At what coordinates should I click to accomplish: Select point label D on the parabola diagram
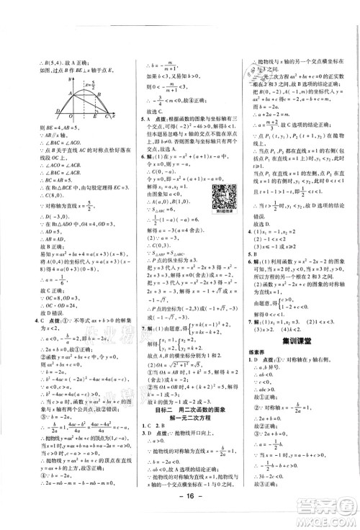click(58, 112)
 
